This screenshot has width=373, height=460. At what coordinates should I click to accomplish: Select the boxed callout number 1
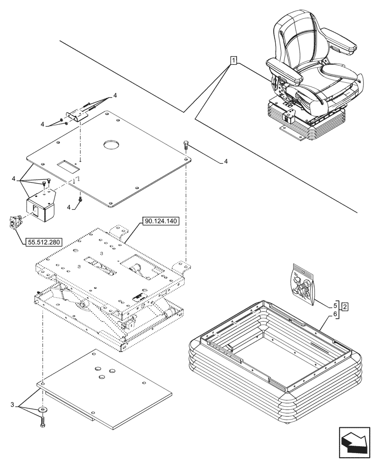click(x=234, y=60)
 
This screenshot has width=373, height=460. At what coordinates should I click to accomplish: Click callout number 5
click(x=335, y=305)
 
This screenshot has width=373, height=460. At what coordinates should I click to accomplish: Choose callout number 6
click(x=335, y=314)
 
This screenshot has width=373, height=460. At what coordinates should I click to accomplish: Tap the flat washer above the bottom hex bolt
click(x=43, y=409)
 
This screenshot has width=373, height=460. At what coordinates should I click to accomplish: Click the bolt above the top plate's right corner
click(x=186, y=144)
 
